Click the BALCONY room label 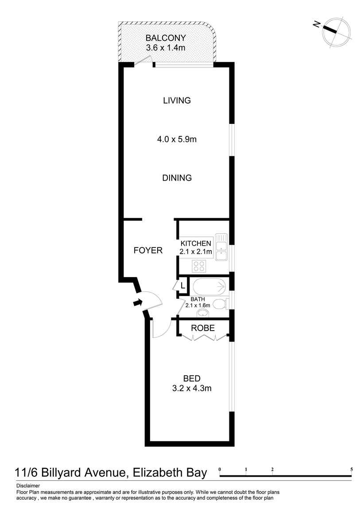pos(166,38)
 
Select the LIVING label pos(177,100)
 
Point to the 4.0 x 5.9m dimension pos(177,139)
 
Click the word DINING pos(177,178)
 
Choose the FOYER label pos(148,251)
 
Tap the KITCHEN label pos(196,243)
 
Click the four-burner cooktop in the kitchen pos(199,266)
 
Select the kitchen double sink pos(221,247)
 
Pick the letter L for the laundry pos(182,285)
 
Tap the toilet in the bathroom pos(219,304)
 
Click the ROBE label pos(203,328)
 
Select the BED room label pos(192,378)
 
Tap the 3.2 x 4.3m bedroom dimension pos(192,389)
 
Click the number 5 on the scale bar pos(352,469)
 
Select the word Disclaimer pos(27,486)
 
